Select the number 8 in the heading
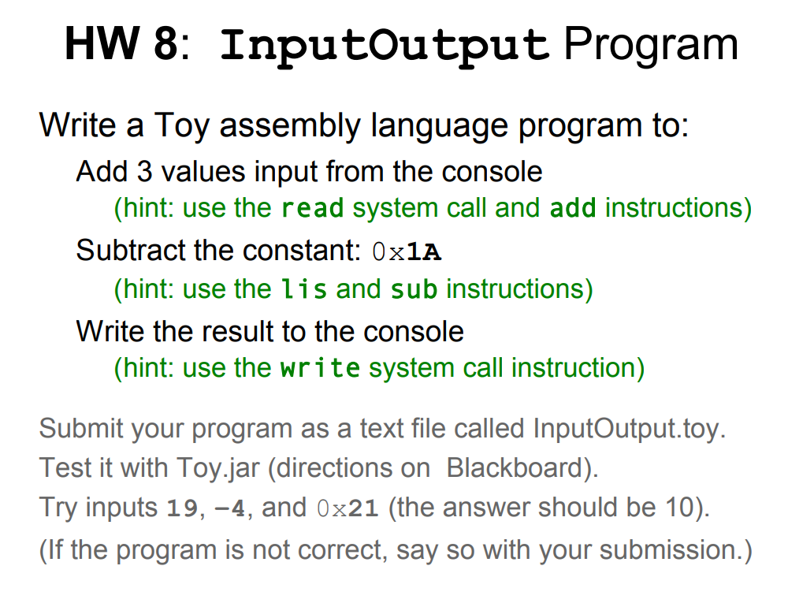(165, 43)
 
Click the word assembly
(290, 125)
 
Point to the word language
(439, 125)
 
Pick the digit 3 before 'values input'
(144, 171)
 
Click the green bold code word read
(312, 208)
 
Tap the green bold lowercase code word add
(573, 208)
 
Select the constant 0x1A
(407, 251)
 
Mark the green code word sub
(414, 289)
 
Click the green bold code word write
(320, 368)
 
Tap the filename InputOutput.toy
(629, 429)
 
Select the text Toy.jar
(218, 468)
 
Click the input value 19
(182, 508)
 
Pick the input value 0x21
(348, 508)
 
